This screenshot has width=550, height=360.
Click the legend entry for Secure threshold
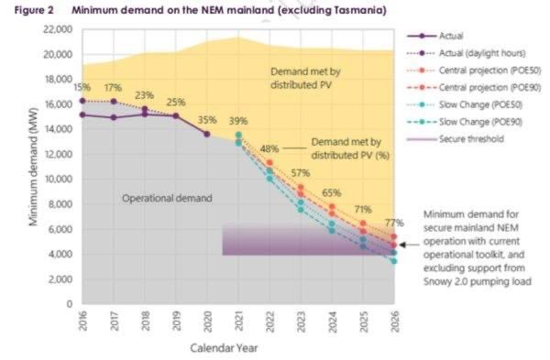point(456,139)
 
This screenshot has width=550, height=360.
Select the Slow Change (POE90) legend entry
point(465,122)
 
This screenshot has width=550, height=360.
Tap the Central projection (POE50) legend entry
point(474,71)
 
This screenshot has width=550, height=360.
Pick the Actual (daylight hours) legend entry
point(467,53)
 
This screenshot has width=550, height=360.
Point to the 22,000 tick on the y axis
point(58,29)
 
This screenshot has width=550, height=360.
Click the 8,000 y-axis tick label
point(60,204)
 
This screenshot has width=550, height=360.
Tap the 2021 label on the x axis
point(238,321)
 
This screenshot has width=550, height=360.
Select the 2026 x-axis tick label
point(394,322)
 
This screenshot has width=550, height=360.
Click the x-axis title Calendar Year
point(224,348)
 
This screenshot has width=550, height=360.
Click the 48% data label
point(269,148)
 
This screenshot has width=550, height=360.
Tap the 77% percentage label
point(394,223)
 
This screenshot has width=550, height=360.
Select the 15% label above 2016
point(82,87)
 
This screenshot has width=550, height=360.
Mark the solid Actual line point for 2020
point(207,134)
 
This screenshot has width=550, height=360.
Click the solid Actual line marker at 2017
point(114,117)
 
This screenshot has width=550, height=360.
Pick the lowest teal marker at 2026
point(394,261)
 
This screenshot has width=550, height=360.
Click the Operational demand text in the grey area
point(167,198)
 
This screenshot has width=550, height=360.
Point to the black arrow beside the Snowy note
point(410,245)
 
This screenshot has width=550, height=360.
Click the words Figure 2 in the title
point(34,10)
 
